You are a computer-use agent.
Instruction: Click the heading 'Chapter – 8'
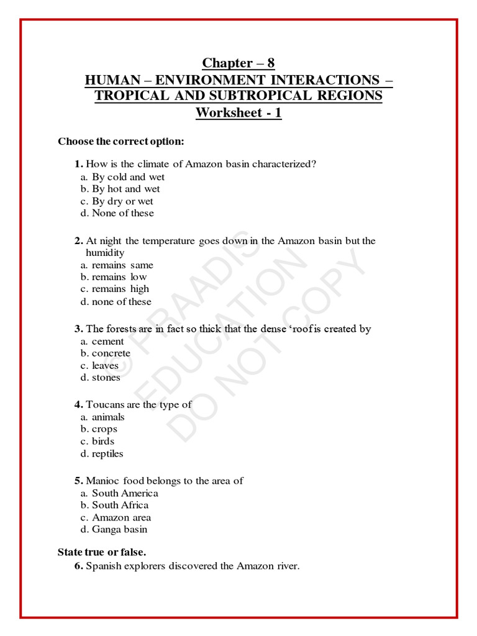pyautogui.click(x=238, y=63)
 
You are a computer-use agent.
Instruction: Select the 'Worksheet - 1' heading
pyautogui.click(x=238, y=113)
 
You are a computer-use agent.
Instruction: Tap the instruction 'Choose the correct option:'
pyautogui.click(x=121, y=142)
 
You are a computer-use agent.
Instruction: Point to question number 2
pyautogui.click(x=79, y=241)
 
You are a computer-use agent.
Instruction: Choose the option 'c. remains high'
pyautogui.click(x=115, y=289)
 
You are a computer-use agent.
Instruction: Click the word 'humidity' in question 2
pyautogui.click(x=105, y=253)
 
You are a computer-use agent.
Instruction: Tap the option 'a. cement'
pyautogui.click(x=102, y=342)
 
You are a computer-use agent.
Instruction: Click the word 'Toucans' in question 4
pyautogui.click(x=103, y=405)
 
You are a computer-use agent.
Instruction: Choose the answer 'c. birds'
pyautogui.click(x=98, y=442)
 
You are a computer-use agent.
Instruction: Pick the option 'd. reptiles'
pyautogui.click(x=102, y=454)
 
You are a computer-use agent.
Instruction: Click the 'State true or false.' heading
pyautogui.click(x=102, y=552)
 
